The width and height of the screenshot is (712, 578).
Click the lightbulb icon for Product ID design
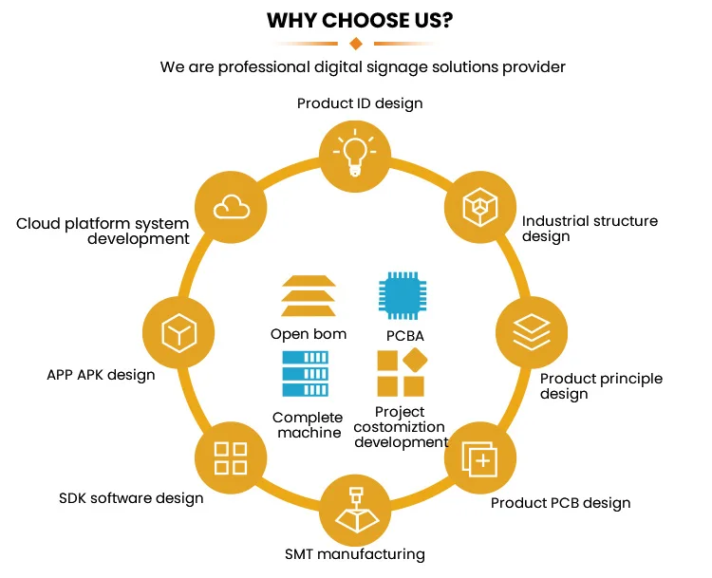click(355, 151)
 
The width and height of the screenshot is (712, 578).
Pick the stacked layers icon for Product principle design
click(530, 330)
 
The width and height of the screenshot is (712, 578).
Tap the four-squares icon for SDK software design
click(230, 458)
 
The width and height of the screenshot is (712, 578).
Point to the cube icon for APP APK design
click(178, 332)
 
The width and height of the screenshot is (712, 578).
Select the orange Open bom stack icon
click(308, 296)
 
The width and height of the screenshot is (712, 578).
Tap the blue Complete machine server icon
click(305, 373)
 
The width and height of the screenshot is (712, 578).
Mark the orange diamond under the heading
click(356, 44)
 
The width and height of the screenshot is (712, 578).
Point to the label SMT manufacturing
click(355, 553)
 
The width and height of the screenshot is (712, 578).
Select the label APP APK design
click(101, 374)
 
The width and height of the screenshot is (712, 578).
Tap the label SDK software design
click(131, 497)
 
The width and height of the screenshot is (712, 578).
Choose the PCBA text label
click(404, 336)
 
